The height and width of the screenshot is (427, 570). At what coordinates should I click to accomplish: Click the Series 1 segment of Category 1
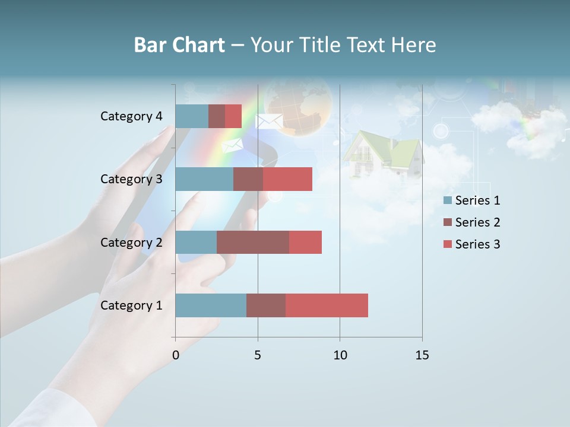pyautogui.click(x=211, y=305)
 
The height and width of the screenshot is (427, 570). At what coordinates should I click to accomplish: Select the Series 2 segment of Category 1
pyautogui.click(x=266, y=305)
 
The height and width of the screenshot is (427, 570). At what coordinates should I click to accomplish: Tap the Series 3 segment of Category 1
pyautogui.click(x=327, y=305)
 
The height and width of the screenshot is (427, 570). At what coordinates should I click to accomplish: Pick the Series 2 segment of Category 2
pyautogui.click(x=253, y=242)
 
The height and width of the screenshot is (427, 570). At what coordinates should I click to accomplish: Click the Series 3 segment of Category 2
pyautogui.click(x=305, y=242)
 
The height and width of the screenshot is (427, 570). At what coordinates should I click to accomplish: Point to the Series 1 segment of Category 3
pyautogui.click(x=204, y=179)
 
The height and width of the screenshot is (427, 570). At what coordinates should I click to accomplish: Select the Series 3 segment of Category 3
pyautogui.click(x=287, y=179)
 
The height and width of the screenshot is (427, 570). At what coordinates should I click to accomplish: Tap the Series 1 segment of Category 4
pyautogui.click(x=192, y=116)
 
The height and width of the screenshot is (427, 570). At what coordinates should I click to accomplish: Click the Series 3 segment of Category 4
pyautogui.click(x=233, y=116)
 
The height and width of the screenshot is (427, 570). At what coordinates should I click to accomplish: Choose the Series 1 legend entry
pyautogui.click(x=471, y=200)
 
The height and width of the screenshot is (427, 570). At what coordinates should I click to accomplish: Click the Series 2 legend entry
pyautogui.click(x=471, y=222)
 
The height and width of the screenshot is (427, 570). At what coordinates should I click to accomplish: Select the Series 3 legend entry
pyautogui.click(x=471, y=244)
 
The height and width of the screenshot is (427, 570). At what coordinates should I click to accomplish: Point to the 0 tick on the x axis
pyautogui.click(x=176, y=355)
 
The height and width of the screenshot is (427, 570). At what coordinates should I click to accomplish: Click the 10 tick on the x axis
pyautogui.click(x=340, y=355)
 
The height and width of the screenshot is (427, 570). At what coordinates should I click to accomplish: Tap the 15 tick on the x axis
pyautogui.click(x=422, y=355)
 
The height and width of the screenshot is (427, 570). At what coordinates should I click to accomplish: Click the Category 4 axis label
pyautogui.click(x=131, y=116)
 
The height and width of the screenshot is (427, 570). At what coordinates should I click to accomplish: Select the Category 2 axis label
pyautogui.click(x=131, y=242)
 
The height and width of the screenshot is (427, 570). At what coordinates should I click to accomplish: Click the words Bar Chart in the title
pyautogui.click(x=179, y=45)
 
